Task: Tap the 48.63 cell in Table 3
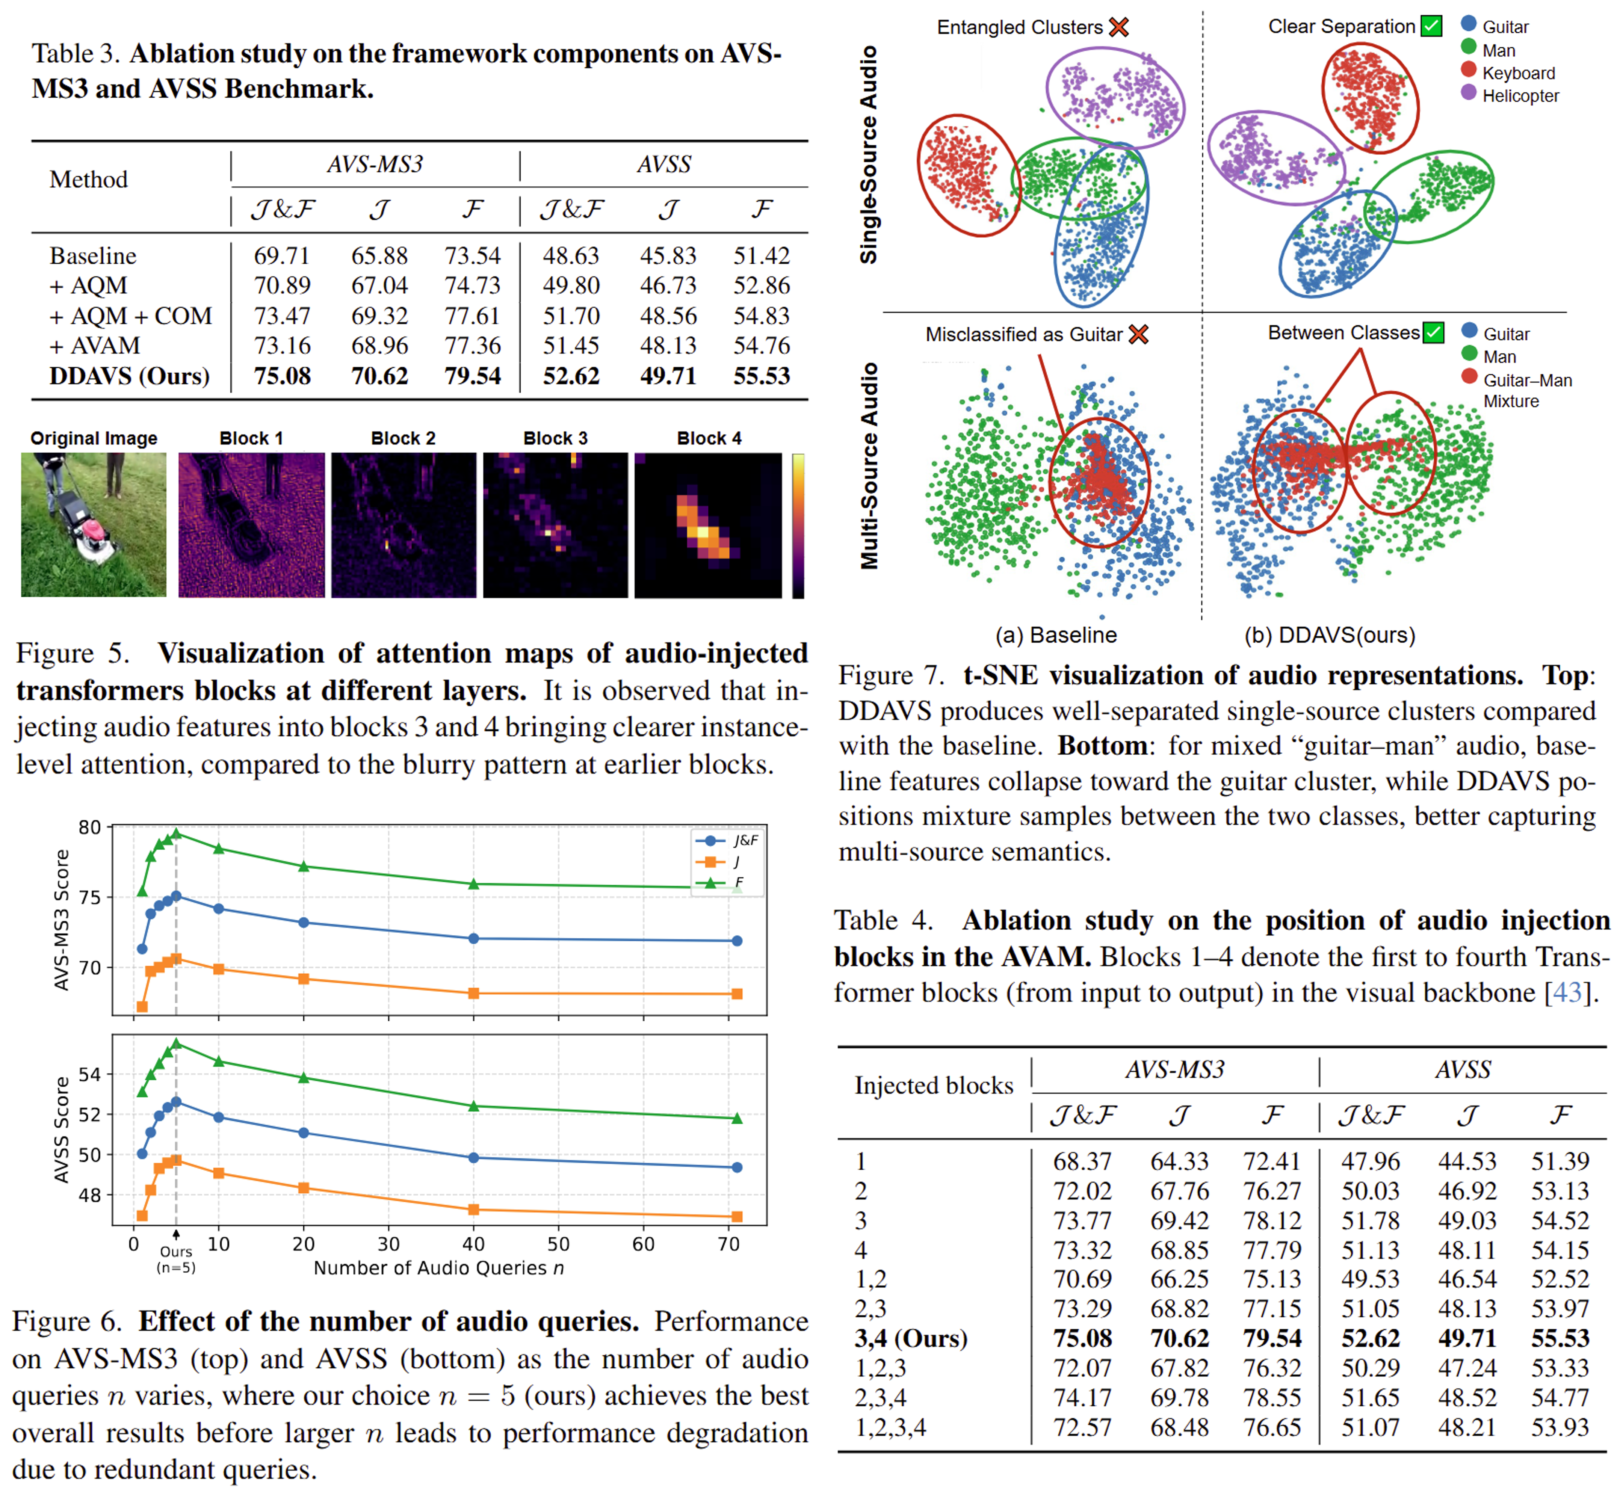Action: pyautogui.click(x=571, y=256)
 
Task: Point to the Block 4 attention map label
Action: pyautogui.click(x=709, y=438)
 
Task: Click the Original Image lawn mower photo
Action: pyautogui.click(x=93, y=524)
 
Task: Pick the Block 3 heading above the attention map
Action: pyautogui.click(x=555, y=438)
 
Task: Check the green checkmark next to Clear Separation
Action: pyautogui.click(x=1431, y=26)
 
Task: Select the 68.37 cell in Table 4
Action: pyautogui.click(x=1082, y=1162)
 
